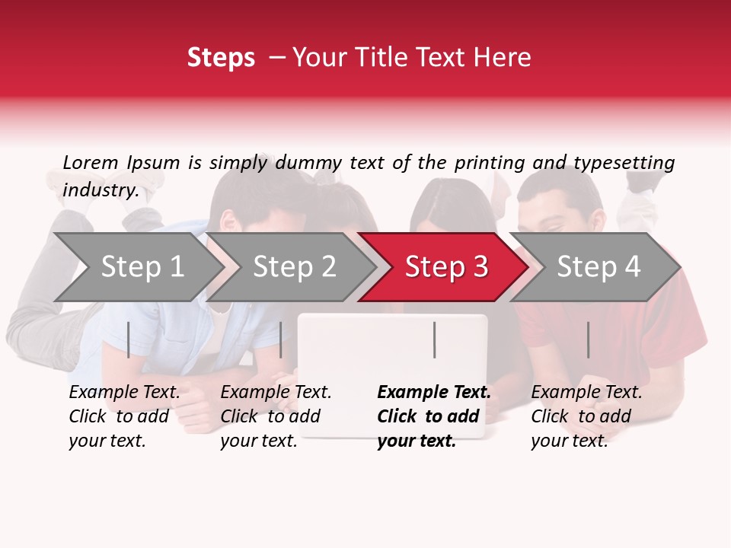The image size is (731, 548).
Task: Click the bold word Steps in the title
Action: pyautogui.click(x=221, y=58)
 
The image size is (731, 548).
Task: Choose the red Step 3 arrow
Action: pyautogui.click(x=446, y=267)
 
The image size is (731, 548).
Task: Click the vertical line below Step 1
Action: pyautogui.click(x=129, y=339)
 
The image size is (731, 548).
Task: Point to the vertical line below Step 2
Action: pyautogui.click(x=281, y=339)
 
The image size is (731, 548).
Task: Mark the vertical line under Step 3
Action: pyautogui.click(x=434, y=339)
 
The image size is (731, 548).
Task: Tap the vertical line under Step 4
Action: pyautogui.click(x=588, y=339)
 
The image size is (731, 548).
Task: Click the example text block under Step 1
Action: pyautogui.click(x=124, y=416)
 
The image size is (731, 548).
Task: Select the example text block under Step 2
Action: pyautogui.click(x=276, y=416)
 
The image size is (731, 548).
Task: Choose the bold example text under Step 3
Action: pyautogui.click(x=434, y=416)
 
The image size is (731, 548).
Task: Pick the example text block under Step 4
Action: pyautogui.click(x=586, y=416)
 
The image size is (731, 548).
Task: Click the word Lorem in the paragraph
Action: pyautogui.click(x=91, y=162)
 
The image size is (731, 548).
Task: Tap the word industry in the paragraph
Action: pyautogui.click(x=101, y=190)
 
